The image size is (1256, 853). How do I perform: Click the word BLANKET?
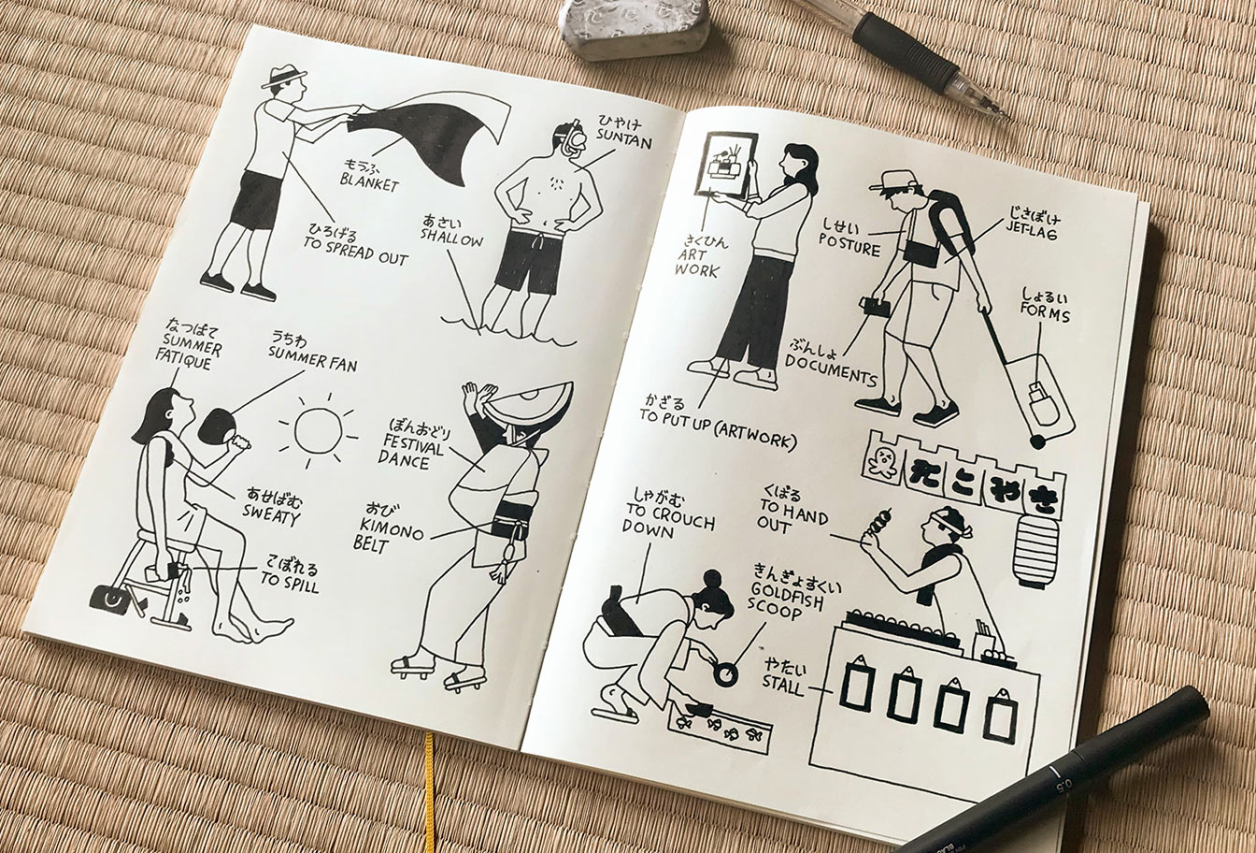point(369,181)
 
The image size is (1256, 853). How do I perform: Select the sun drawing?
point(319,430)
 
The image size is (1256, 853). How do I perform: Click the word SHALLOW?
point(451,239)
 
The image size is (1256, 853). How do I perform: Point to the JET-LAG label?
point(1032,233)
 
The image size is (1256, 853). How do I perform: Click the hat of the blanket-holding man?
point(284,77)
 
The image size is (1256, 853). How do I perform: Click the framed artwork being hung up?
point(725,165)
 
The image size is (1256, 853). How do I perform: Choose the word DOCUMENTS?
point(831,369)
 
